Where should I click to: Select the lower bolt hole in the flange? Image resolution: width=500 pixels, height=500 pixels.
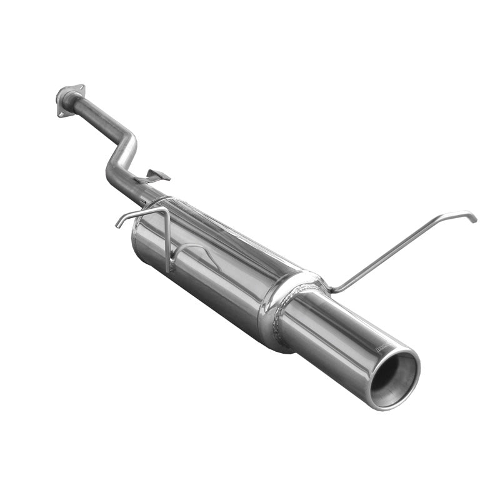(x=61, y=114)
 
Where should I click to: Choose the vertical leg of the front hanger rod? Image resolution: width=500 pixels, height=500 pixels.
(x=167, y=241)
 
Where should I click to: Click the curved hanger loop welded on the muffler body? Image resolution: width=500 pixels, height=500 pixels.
(x=194, y=250)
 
